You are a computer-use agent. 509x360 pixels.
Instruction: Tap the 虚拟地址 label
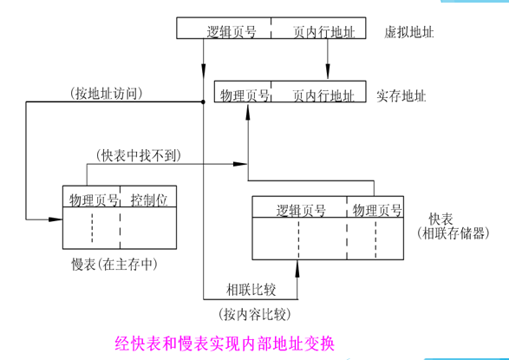coord(408,31)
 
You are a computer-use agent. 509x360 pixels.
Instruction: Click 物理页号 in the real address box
coord(244,92)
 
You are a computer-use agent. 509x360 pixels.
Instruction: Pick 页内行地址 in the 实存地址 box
coord(323,92)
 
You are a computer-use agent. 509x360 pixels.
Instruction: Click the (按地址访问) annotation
coord(104,93)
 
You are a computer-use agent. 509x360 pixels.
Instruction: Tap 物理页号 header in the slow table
coord(93,199)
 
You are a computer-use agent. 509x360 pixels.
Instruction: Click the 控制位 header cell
coord(148,199)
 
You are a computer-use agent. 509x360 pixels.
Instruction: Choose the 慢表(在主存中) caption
coord(117,263)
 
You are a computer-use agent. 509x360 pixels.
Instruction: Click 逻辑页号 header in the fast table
coord(300,210)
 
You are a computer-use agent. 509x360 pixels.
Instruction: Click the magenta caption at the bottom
coord(231,341)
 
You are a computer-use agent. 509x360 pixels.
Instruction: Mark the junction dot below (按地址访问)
coord(202,102)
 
